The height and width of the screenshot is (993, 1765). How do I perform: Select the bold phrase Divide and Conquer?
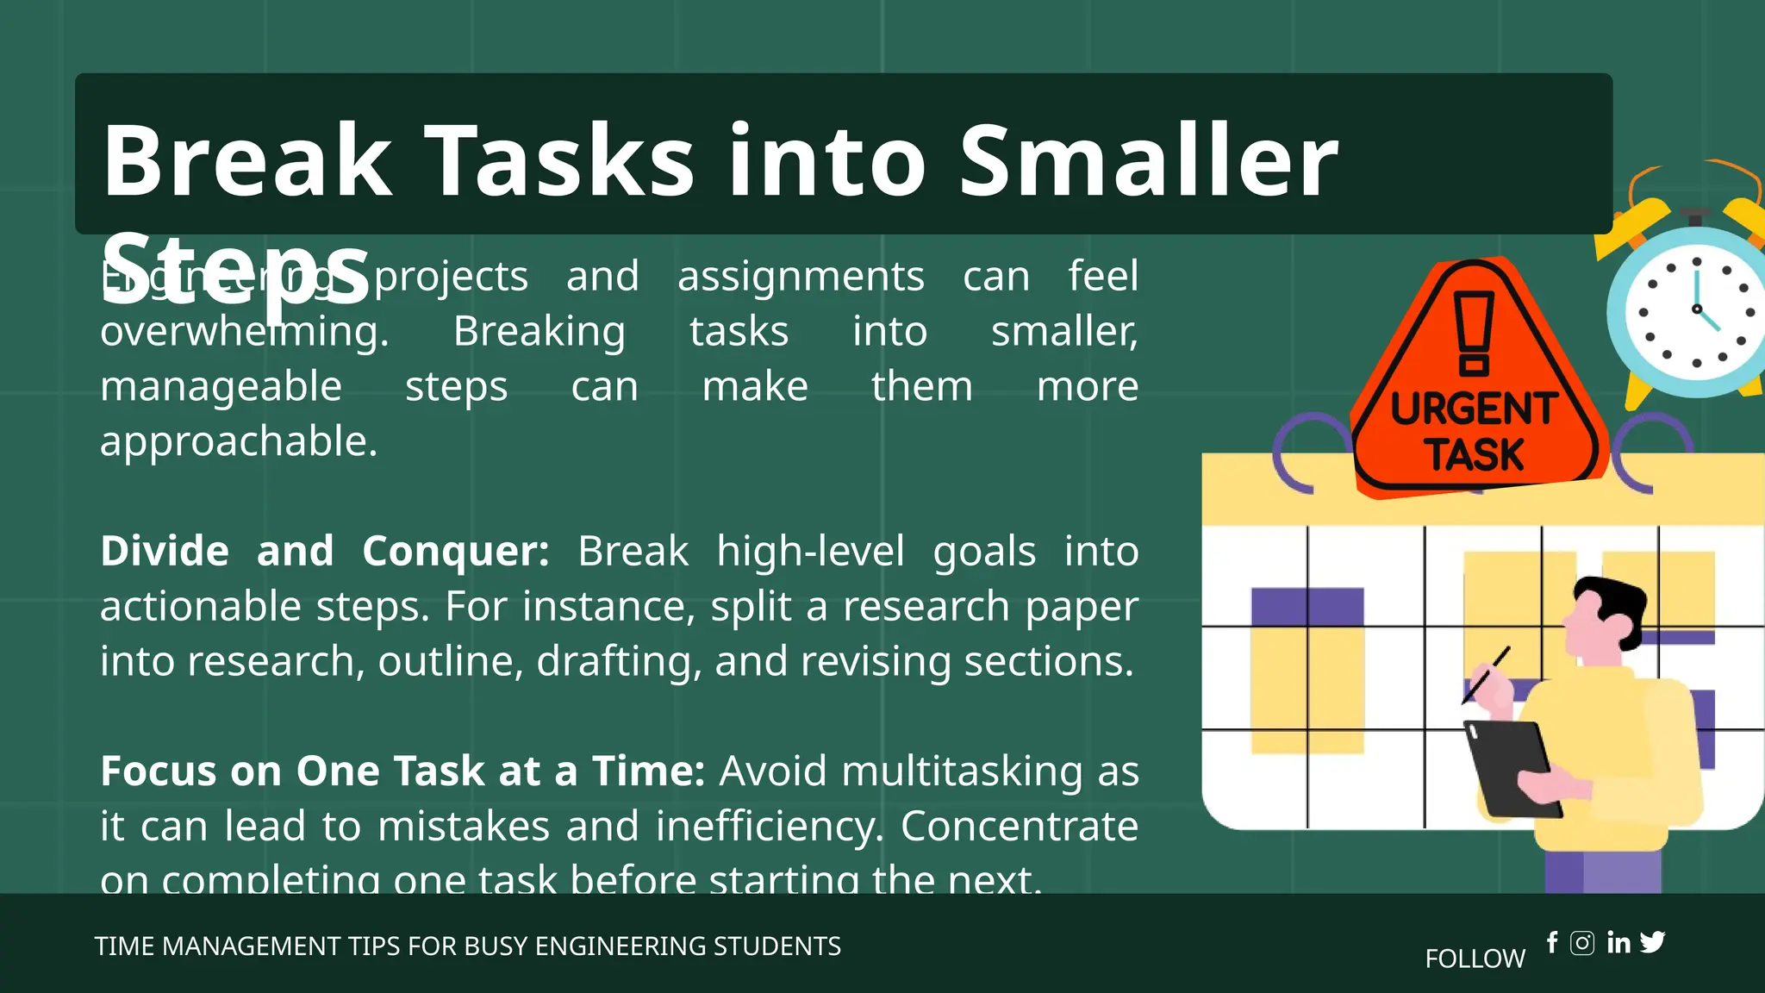(325, 551)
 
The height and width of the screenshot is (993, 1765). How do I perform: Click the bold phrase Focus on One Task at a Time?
(402, 771)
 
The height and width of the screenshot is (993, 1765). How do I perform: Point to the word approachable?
(239, 441)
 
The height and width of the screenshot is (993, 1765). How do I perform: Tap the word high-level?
(810, 551)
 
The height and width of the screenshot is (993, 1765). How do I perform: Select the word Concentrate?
(1019, 826)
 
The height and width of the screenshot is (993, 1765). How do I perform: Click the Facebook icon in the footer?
(1552, 942)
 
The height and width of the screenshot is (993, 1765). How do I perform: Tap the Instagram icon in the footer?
(1582, 943)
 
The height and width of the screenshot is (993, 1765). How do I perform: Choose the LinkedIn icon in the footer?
(1618, 943)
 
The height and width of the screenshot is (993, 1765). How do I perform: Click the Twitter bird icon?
(1653, 942)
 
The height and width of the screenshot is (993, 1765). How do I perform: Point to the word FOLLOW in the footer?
(1475, 959)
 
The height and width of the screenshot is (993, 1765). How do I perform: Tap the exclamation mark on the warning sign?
(1474, 333)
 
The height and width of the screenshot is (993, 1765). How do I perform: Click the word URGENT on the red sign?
(1474, 409)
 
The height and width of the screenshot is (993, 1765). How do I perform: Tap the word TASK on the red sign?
(1474, 454)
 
